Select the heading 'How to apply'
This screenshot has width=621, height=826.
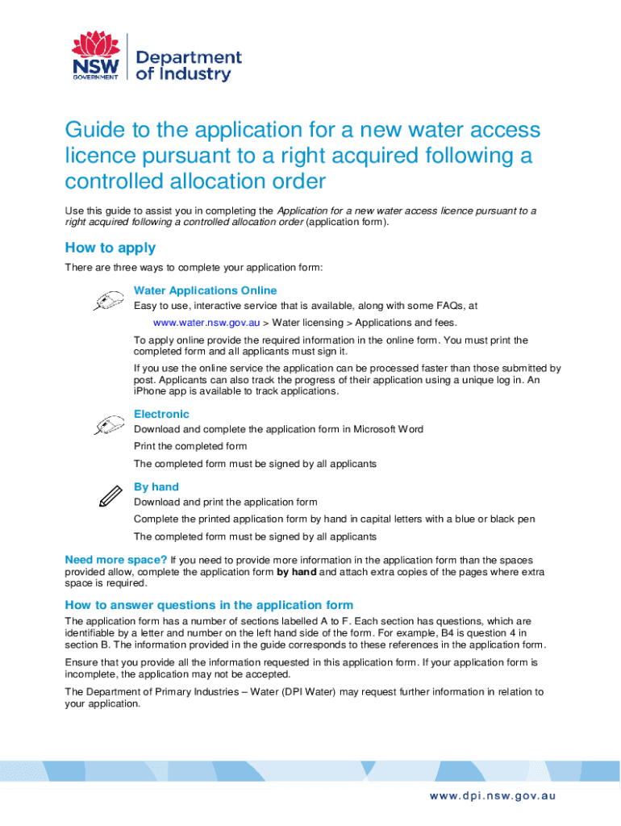[110, 248]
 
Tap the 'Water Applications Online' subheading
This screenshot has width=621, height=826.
[205, 290]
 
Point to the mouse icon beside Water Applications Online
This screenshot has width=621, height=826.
[108, 302]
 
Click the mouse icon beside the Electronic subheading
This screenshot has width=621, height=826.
[108, 425]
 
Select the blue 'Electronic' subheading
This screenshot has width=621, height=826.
[161, 414]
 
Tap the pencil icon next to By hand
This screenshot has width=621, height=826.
[108, 496]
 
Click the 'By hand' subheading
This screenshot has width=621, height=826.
[156, 486]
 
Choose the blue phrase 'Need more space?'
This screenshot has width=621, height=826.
[116, 559]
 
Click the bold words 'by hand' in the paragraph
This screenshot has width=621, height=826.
[297, 571]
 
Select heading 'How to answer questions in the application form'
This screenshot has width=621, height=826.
[209, 605]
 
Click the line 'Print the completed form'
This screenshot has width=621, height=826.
[190, 446]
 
